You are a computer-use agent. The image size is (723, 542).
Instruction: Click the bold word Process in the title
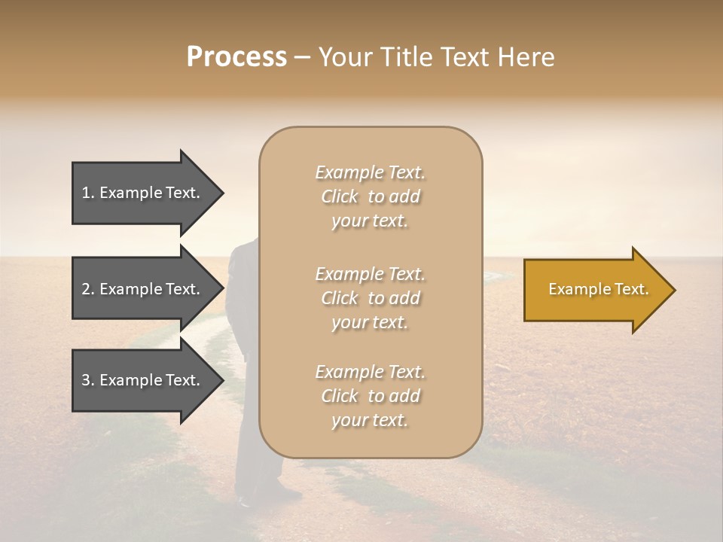click(x=236, y=57)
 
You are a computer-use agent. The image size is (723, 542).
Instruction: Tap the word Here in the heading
click(x=528, y=57)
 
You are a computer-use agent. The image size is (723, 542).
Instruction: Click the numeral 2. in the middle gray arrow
click(x=88, y=289)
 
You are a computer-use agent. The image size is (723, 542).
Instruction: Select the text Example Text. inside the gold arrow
click(x=598, y=289)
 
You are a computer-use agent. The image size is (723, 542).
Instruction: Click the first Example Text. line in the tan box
click(x=370, y=172)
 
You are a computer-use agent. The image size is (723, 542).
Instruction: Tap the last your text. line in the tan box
click(x=370, y=420)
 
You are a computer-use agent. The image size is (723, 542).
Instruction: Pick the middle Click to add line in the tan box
click(x=370, y=298)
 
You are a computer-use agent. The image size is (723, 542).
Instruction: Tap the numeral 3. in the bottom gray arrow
click(x=88, y=380)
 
